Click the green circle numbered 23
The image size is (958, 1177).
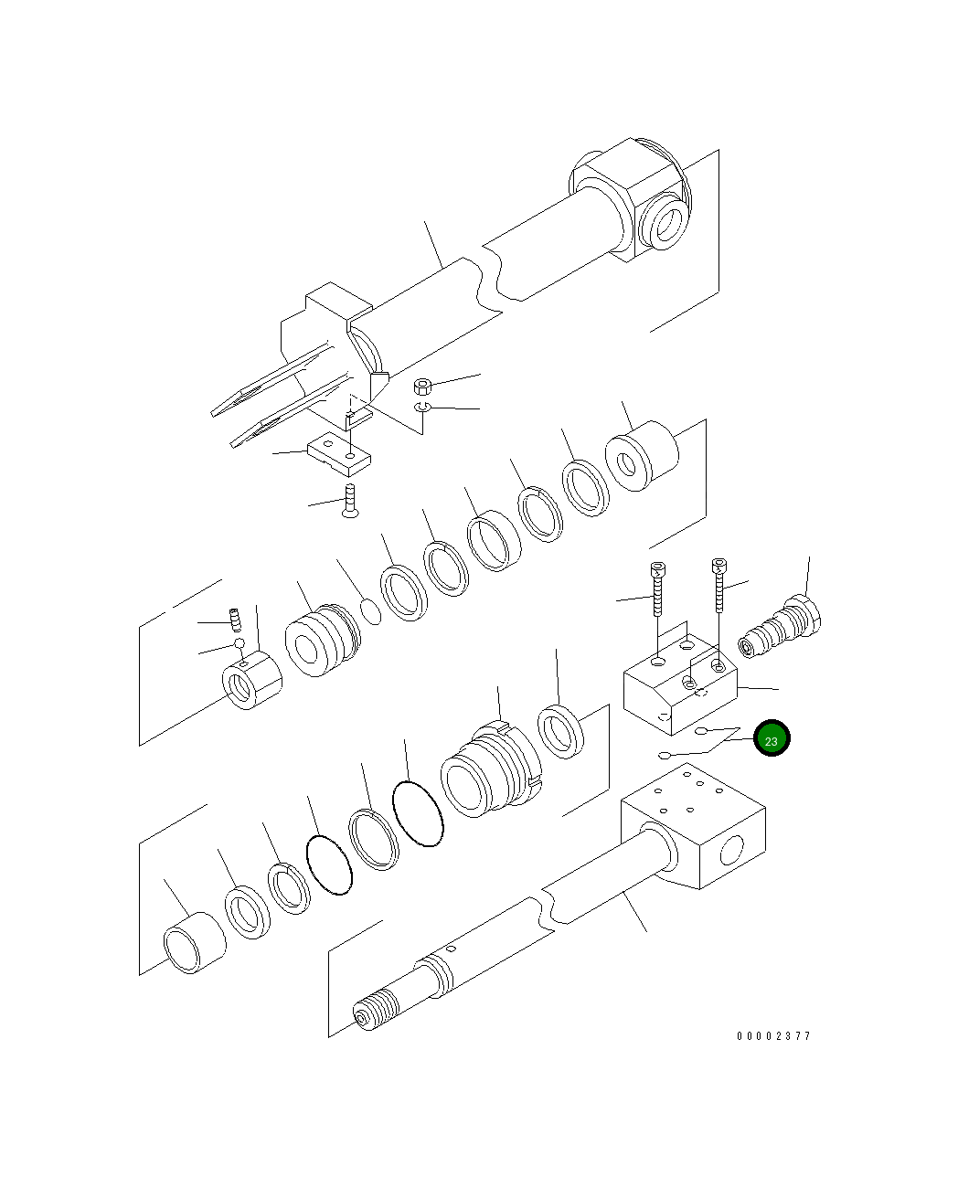pos(771,739)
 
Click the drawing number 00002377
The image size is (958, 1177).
pos(773,1035)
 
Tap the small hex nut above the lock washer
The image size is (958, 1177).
pos(422,385)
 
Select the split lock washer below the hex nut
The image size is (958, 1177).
pos(422,407)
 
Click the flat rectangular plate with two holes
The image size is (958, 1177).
pos(338,454)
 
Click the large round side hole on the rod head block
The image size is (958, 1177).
pos(732,853)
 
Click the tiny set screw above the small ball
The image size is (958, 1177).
pos(234,620)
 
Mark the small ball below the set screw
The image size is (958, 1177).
pos(239,643)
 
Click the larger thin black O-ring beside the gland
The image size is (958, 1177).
pos(418,813)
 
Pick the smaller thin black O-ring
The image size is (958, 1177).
pos(329,864)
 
